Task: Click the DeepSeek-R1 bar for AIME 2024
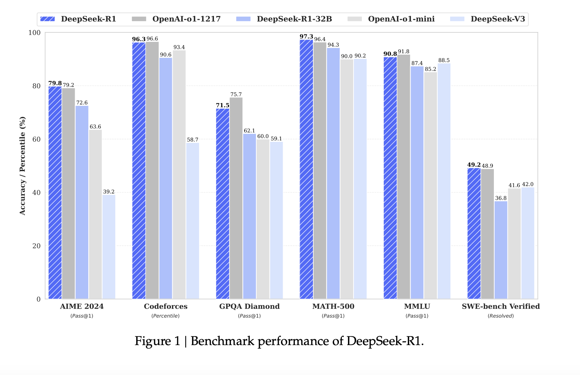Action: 55,193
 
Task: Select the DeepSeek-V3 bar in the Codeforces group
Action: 192,221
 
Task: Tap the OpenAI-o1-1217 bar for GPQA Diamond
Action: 236,198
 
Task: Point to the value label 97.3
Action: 306,37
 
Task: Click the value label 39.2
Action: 109,192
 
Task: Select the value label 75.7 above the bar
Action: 236,94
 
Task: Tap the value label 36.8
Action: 500,198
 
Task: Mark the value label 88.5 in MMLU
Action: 444,60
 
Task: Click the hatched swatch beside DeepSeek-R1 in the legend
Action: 48,19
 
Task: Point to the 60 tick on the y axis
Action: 36,139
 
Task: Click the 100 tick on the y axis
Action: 34,33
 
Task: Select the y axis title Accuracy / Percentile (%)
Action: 23,166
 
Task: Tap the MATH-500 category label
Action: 333,306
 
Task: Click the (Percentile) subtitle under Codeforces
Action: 165,316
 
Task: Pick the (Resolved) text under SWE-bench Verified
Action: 500,316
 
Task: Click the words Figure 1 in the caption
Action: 157,341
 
